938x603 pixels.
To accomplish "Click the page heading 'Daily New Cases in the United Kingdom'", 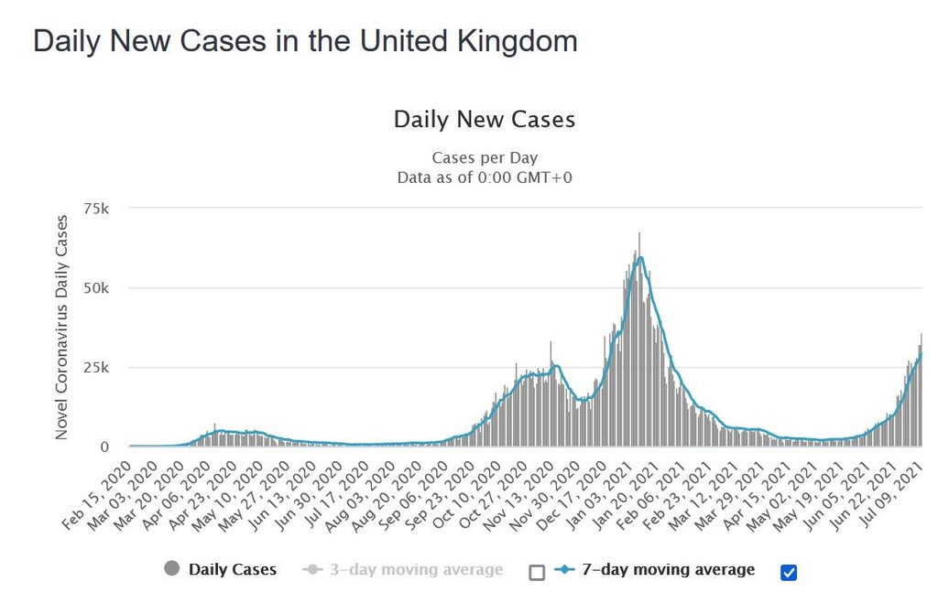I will (305, 41).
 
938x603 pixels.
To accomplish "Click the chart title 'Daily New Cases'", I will (484, 119).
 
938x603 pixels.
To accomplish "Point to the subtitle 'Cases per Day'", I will (484, 158).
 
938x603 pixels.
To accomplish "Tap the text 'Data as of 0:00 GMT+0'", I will (484, 178).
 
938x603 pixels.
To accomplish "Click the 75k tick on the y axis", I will (95, 209).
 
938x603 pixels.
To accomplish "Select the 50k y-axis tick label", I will (95, 288).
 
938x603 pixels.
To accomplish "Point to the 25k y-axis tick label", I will (95, 368).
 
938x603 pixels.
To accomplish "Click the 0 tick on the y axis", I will (104, 447).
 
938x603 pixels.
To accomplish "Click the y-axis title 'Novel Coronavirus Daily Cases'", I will (62, 327).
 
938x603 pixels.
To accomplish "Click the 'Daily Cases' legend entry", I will (232, 569).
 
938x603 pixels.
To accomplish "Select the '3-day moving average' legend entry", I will (415, 570).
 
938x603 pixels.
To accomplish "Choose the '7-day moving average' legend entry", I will (667, 569).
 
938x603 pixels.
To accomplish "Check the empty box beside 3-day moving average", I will (537, 572).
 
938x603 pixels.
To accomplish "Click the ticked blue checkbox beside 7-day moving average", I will (789, 572).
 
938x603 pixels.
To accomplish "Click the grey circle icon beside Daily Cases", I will (171, 569).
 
